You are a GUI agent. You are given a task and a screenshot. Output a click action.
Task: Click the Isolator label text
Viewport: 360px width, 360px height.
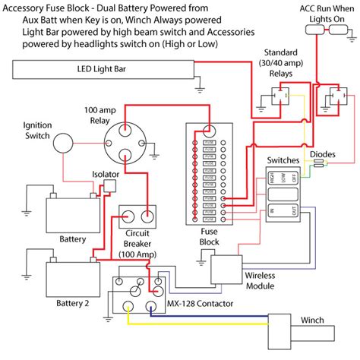coord(105,175)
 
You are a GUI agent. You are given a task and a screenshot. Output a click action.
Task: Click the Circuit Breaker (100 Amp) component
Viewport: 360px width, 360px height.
coord(140,216)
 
